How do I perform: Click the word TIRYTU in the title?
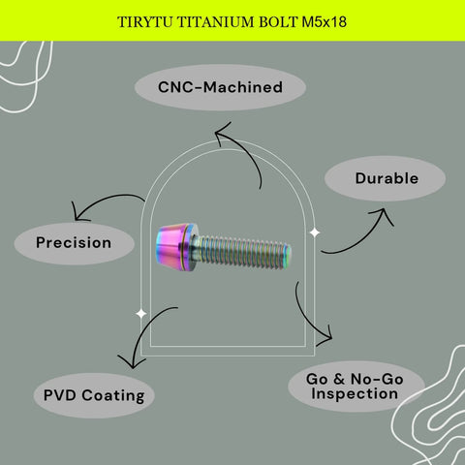tap(145, 22)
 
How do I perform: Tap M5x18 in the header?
tap(325, 22)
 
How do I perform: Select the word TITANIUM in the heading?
tap(216, 22)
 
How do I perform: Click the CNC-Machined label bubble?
tap(220, 87)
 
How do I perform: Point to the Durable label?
tap(386, 178)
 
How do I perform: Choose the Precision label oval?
tap(75, 243)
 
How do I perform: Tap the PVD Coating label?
tap(94, 395)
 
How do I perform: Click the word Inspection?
tap(355, 394)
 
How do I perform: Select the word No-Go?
tap(377, 379)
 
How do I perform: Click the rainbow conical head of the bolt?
tap(176, 247)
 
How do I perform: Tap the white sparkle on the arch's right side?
tap(315, 232)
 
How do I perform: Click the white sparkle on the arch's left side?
tap(141, 313)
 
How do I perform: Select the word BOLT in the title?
tap(278, 22)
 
